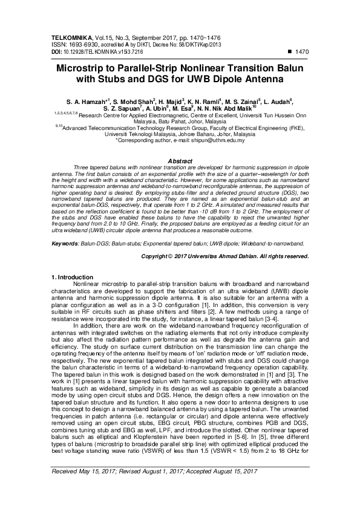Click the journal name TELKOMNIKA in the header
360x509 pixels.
(x=73, y=37)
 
